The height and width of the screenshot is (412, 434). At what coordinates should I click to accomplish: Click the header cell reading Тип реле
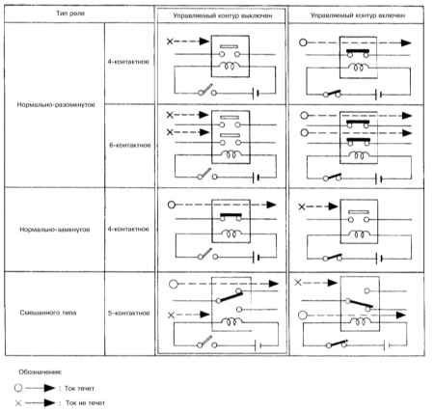point(70,14)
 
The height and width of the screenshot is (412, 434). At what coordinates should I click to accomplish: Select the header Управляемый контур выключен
point(223,15)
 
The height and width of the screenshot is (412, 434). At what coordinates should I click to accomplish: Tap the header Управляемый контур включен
point(358,15)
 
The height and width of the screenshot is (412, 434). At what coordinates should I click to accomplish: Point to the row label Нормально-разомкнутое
point(56,104)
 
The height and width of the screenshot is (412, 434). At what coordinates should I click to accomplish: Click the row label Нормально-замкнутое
point(55,230)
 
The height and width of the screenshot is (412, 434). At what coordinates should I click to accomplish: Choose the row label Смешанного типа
point(48,313)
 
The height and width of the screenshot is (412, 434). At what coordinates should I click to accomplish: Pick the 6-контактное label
point(130,145)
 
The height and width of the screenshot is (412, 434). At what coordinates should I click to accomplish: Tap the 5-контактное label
point(128,313)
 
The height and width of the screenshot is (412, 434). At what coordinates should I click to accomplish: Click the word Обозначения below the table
point(41,372)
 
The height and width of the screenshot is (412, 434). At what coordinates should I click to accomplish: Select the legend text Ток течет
point(79,388)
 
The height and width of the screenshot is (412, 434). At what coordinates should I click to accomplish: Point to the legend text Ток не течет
point(85,402)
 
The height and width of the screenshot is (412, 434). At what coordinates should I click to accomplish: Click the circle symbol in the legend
point(18,388)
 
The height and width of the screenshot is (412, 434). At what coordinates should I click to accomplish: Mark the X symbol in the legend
point(18,402)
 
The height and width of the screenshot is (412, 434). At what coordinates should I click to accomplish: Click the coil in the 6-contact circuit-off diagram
point(231,154)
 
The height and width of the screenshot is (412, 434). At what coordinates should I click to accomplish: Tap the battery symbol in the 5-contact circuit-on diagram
point(387,345)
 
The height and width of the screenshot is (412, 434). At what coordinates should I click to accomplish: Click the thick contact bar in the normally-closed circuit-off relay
point(231,215)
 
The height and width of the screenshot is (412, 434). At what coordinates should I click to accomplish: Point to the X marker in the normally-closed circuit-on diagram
point(301,206)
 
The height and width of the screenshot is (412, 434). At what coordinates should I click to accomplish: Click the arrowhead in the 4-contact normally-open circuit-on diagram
point(406,42)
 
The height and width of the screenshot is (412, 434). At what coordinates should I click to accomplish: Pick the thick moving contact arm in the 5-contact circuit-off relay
point(231,296)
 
